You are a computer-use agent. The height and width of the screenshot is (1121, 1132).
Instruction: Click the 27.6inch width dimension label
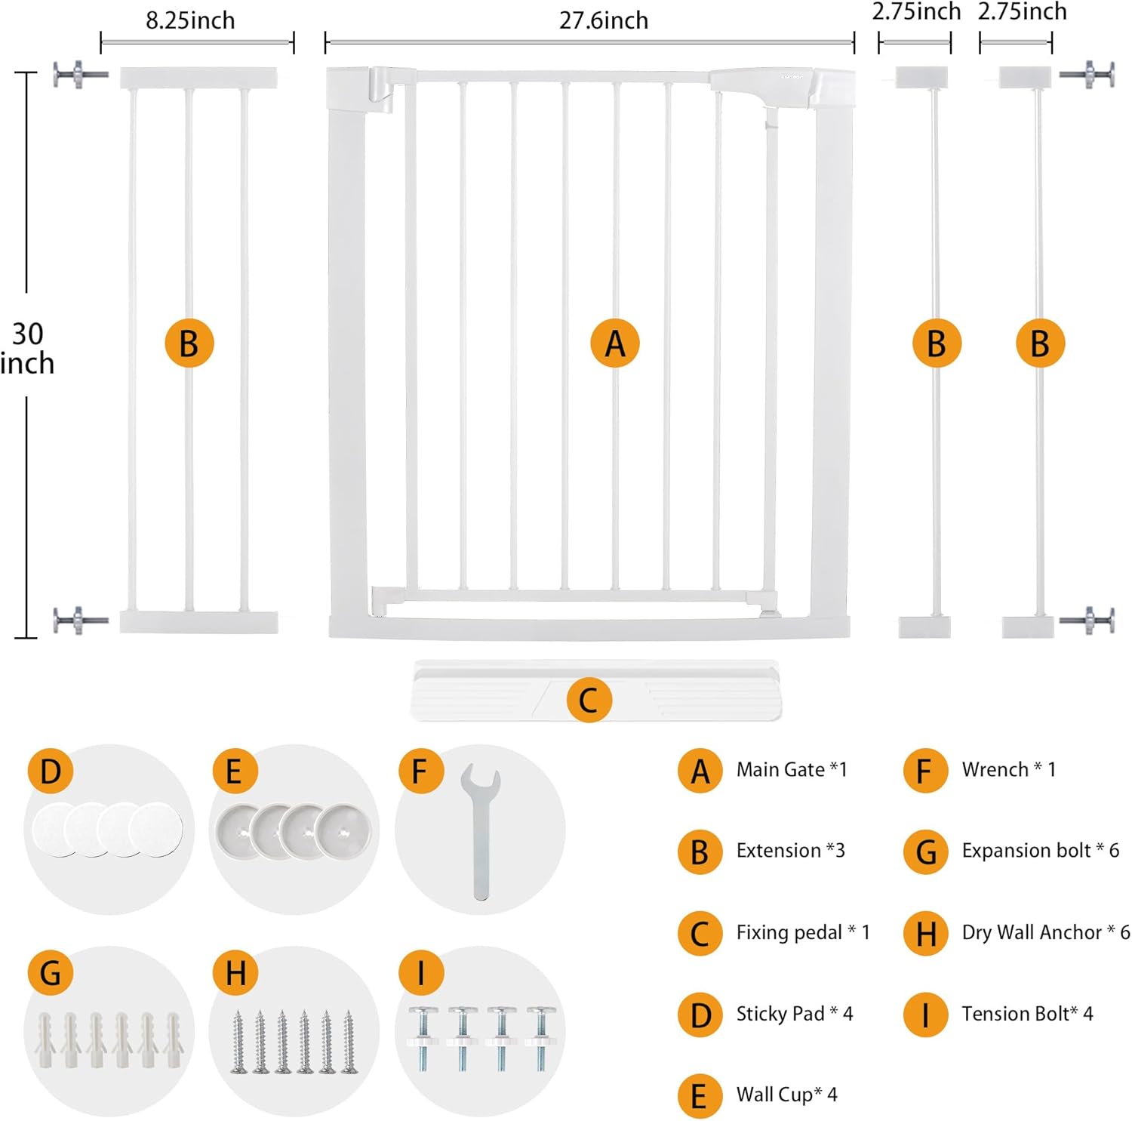click(603, 20)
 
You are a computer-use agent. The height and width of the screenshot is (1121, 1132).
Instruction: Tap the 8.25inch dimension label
click(190, 20)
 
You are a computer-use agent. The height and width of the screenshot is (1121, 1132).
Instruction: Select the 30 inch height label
click(28, 348)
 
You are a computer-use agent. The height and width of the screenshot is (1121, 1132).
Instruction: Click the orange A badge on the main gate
click(615, 343)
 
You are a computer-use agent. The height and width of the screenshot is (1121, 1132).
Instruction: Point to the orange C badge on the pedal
click(588, 700)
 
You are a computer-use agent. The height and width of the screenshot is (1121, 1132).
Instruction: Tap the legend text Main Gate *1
click(792, 769)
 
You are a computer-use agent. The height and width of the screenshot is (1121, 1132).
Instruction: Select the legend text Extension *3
click(790, 851)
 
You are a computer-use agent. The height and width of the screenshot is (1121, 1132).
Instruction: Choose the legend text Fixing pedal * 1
click(802, 932)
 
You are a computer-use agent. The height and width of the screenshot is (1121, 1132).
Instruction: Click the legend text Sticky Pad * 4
click(794, 1013)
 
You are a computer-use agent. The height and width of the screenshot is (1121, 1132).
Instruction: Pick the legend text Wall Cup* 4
click(786, 1095)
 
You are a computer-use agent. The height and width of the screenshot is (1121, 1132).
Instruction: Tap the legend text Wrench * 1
click(1008, 769)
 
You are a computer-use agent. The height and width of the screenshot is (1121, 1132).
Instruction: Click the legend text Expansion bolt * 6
click(1040, 851)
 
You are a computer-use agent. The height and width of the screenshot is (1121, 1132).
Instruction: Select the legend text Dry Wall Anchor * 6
click(1045, 932)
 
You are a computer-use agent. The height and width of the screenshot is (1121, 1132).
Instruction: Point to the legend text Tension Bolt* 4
click(1026, 1013)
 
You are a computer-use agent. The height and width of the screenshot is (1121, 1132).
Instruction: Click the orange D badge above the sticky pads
click(50, 771)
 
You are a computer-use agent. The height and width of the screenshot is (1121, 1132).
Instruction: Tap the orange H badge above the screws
click(235, 973)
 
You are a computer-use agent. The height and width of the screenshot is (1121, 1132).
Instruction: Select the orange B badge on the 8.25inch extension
click(189, 343)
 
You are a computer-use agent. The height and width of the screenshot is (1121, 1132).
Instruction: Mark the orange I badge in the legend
click(925, 1015)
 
